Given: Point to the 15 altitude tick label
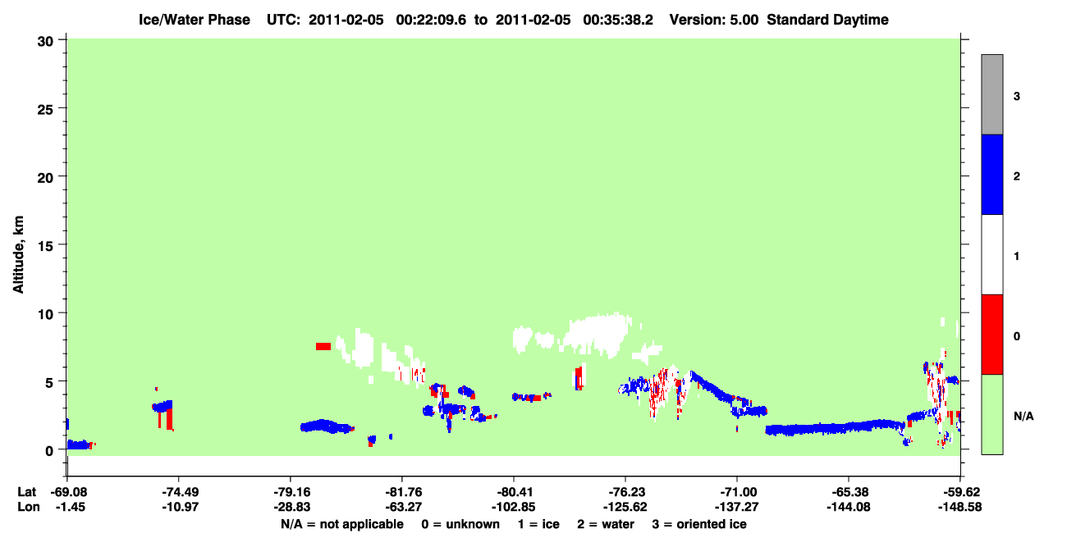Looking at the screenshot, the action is click(45, 246).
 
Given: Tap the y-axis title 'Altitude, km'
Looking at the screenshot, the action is click(18, 254).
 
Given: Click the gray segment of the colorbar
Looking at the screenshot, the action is click(991, 94).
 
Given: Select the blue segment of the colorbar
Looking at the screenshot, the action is click(991, 174).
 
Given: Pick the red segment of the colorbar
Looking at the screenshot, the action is click(991, 335).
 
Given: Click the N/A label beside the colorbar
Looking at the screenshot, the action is click(1023, 417).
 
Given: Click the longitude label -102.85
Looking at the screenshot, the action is click(514, 507).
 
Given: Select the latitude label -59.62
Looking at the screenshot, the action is click(959, 492).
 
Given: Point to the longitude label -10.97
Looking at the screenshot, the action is click(180, 507).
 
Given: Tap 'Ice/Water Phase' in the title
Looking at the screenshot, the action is click(195, 20).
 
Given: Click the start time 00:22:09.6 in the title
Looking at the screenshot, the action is click(431, 20).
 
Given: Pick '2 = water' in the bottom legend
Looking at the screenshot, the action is click(606, 524).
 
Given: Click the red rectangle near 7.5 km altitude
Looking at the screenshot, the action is click(323, 347).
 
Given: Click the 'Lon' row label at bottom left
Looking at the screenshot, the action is click(29, 507).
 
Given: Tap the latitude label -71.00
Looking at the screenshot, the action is click(737, 492).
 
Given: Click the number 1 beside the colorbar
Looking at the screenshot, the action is click(1016, 257).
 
